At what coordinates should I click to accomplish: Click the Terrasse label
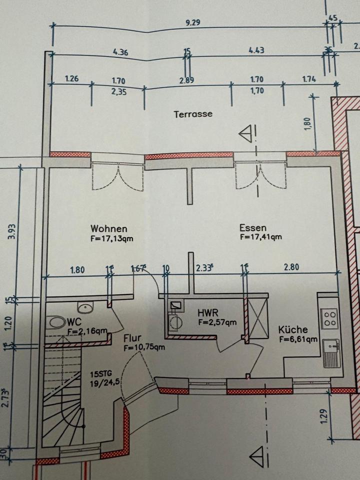click(x=193, y=114)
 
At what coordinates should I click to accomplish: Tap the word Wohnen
click(x=105, y=228)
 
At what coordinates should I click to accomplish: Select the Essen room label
click(x=252, y=228)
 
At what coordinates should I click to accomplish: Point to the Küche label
click(x=293, y=330)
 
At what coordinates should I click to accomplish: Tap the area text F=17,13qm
click(x=112, y=238)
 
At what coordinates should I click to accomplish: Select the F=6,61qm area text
click(x=298, y=339)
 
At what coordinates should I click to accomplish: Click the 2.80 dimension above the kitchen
click(x=291, y=267)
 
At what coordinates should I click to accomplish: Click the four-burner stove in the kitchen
click(x=329, y=318)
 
